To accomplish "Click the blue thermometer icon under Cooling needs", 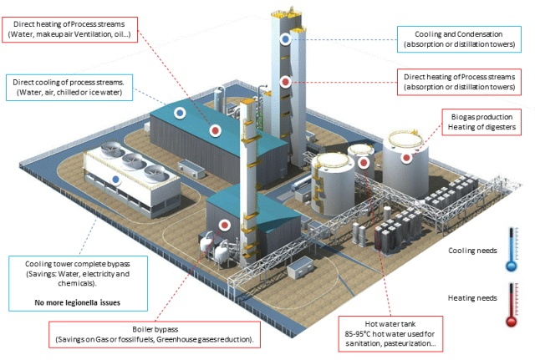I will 511,249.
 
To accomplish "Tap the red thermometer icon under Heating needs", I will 511,303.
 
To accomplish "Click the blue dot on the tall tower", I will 286,38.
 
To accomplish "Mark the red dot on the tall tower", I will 286,82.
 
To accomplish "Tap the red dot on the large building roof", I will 215,130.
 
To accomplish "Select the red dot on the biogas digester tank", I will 406,157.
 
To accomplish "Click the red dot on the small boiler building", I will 225,225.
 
